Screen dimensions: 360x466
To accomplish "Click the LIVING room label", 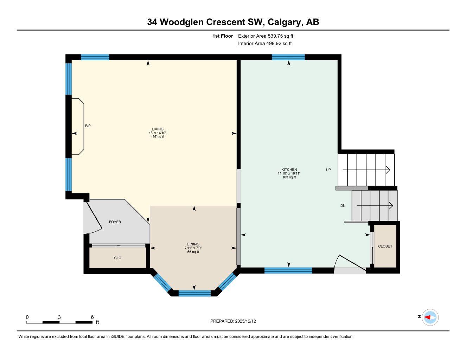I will point(158,129).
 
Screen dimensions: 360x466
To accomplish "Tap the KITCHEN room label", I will point(289,169).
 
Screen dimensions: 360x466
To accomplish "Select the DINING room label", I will point(193,244).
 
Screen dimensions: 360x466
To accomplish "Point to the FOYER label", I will point(115,222).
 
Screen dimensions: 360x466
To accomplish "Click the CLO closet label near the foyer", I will point(118,258).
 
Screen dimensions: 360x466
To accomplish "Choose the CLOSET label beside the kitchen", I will point(385,246).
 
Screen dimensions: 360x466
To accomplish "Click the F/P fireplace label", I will point(88,126).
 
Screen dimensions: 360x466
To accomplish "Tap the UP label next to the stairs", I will point(328,170).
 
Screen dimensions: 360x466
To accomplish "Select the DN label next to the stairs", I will point(343,206).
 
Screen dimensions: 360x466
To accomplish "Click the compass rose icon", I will point(430,317).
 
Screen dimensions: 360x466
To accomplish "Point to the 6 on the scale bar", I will point(92,317).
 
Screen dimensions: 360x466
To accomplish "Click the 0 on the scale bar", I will point(27,317).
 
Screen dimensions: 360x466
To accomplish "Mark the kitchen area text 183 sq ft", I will point(289,177).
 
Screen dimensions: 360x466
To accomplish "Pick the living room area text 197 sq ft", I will point(158,137).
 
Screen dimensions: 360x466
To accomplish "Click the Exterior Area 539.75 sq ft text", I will point(266,36).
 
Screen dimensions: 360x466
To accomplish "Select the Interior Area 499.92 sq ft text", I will point(265,44).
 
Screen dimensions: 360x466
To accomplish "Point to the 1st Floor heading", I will point(223,36).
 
